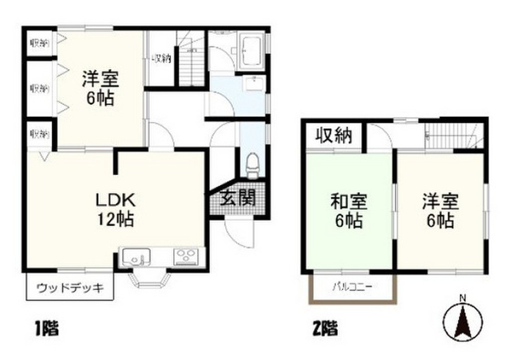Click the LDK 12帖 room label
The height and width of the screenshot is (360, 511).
tap(115, 209)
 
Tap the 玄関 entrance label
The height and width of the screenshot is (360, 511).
tap(238, 198)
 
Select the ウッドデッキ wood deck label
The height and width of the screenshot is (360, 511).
tap(70, 288)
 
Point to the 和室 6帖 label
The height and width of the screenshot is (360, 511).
tap(349, 211)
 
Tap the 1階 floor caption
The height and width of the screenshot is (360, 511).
tap(46, 329)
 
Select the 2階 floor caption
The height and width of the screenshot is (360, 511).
tap(324, 329)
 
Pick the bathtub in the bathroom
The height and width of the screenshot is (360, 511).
tap(252, 50)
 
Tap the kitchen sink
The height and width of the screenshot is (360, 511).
tap(136, 258)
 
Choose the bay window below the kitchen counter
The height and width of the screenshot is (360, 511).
tap(150, 278)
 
